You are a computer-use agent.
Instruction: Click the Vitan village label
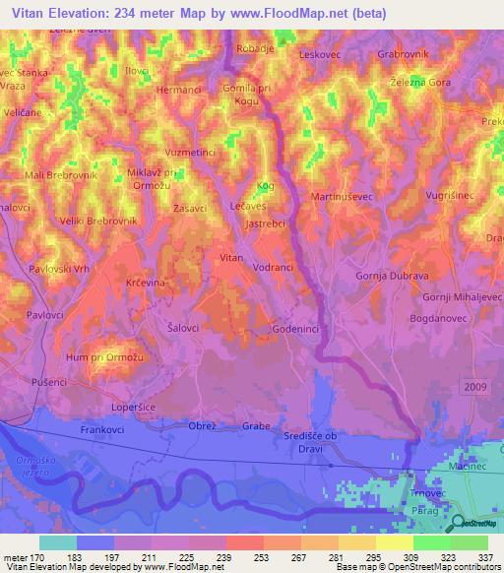click(230, 257)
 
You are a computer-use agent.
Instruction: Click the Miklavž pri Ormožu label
click(151, 179)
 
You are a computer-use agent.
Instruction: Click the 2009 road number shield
click(472, 390)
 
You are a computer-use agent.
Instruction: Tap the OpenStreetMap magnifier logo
click(457, 523)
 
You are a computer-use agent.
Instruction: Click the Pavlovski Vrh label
click(59, 269)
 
